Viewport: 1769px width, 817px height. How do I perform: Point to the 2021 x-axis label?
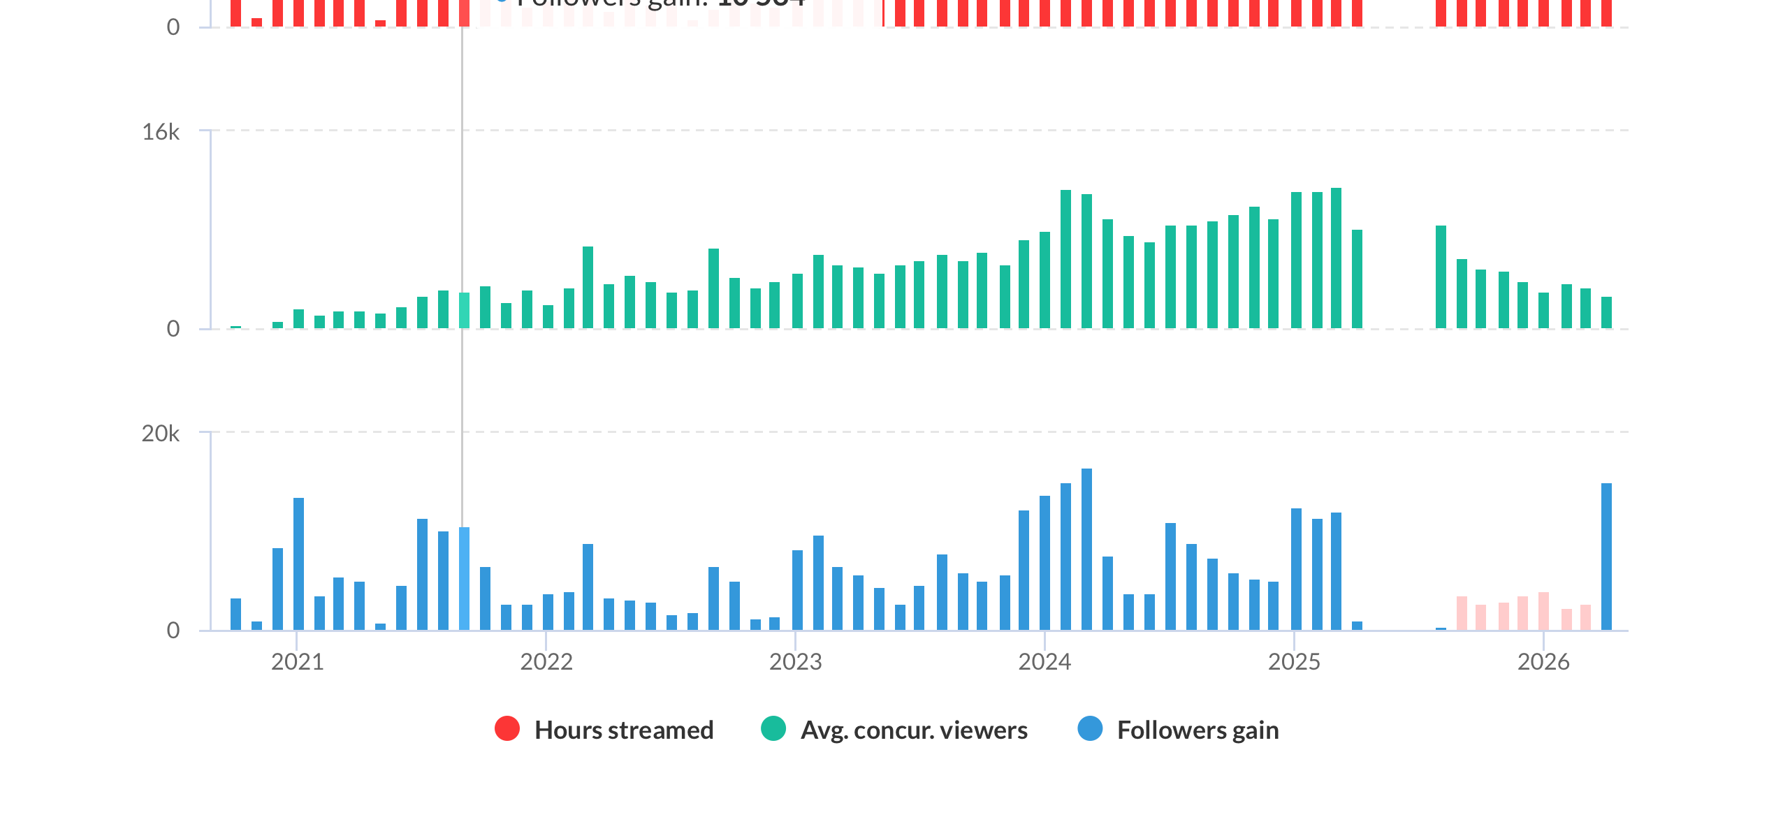click(298, 661)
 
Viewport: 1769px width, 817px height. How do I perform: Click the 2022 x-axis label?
click(546, 661)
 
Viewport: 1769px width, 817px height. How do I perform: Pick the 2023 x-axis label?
click(796, 661)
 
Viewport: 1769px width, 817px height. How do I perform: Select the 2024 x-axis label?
click(1044, 661)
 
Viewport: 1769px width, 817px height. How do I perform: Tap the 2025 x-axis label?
click(1294, 661)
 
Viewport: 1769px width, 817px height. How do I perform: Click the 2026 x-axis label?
click(1543, 661)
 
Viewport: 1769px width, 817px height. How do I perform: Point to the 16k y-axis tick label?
click(161, 132)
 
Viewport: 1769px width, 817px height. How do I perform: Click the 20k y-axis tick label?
click(161, 434)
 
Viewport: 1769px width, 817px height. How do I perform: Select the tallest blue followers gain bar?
click(1086, 550)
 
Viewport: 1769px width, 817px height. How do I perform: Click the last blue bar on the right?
click(1606, 557)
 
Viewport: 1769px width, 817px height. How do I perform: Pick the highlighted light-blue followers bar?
click(464, 579)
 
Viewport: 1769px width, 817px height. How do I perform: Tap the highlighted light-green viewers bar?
click(464, 311)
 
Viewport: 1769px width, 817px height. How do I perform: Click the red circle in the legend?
click(507, 728)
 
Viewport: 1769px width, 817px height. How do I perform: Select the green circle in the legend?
click(773, 728)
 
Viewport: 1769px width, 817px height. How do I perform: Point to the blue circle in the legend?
click(1090, 728)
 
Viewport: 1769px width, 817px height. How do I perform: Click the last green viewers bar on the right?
click(1606, 313)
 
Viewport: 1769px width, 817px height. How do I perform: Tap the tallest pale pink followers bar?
click(1543, 611)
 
